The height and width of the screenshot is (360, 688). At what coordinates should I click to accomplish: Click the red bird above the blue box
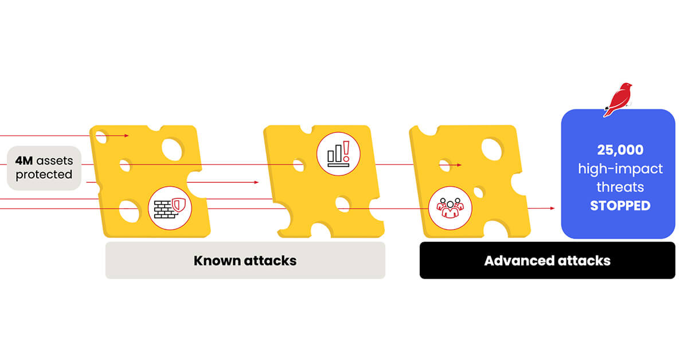(617, 100)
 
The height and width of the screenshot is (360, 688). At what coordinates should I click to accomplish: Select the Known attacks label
(245, 261)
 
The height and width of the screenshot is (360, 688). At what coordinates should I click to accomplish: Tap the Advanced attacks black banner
(548, 260)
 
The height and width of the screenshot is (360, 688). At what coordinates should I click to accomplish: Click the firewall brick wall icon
(170, 208)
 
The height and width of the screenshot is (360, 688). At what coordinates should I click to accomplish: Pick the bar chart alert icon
(338, 154)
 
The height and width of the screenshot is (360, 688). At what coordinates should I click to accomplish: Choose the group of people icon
(450, 208)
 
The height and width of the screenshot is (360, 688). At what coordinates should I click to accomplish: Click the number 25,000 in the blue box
(620, 150)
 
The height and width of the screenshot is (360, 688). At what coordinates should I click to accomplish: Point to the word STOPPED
(620, 206)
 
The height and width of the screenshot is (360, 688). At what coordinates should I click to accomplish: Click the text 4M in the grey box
(24, 161)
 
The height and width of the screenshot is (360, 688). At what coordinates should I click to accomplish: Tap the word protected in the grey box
(44, 175)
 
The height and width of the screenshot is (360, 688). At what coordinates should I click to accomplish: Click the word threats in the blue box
(620, 187)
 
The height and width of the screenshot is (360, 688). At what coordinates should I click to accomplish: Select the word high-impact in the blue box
(620, 169)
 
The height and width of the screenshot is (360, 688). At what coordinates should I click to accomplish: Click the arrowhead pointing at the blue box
(553, 208)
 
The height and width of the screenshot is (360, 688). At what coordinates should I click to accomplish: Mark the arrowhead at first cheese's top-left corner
(127, 135)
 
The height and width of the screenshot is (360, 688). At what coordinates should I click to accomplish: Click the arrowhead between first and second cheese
(256, 182)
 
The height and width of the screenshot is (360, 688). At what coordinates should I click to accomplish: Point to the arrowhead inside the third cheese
(459, 165)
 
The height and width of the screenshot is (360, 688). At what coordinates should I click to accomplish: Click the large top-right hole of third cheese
(492, 149)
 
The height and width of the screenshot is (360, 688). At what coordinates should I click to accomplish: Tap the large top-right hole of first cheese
(172, 149)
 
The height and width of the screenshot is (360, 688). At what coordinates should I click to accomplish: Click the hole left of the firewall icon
(129, 211)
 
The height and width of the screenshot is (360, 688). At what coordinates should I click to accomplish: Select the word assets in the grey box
(54, 161)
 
